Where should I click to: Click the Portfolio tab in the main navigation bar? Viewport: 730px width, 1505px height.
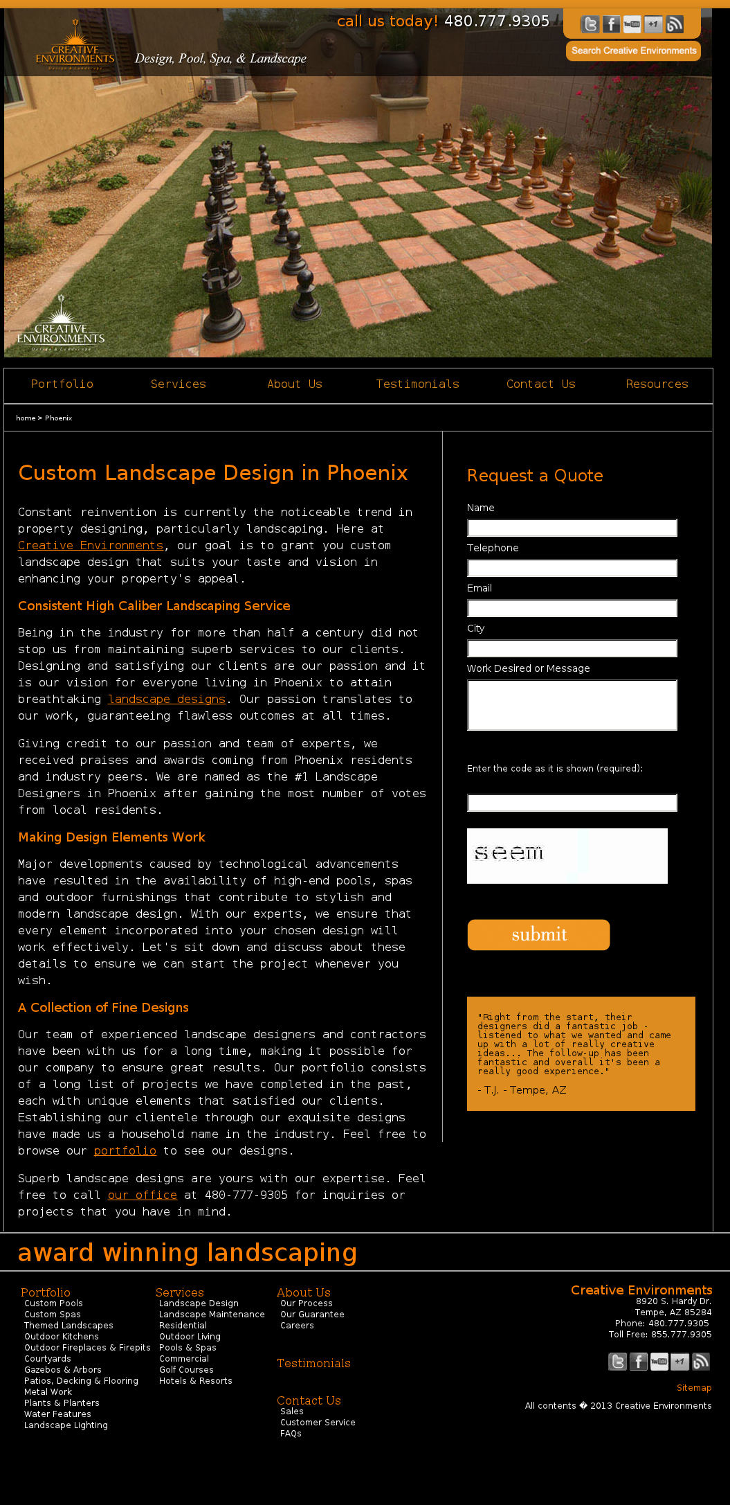click(x=62, y=384)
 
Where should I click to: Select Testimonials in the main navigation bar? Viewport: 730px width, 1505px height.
click(x=417, y=384)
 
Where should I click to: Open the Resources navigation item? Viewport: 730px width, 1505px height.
click(x=657, y=384)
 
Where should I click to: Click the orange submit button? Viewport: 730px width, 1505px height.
click(x=538, y=935)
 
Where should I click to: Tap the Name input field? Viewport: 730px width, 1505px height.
click(x=572, y=528)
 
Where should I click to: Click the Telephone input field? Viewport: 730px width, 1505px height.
click(x=572, y=568)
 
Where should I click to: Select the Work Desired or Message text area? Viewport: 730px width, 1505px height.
click(x=572, y=705)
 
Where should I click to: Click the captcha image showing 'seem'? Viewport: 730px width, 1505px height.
click(x=567, y=855)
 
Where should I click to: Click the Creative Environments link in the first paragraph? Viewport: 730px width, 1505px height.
click(x=91, y=546)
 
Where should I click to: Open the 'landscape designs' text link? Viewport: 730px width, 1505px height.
click(x=167, y=700)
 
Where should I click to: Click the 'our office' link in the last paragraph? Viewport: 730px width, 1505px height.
click(x=143, y=1195)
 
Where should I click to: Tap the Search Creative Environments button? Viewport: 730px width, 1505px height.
click(x=633, y=51)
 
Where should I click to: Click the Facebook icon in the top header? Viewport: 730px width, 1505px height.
click(x=611, y=25)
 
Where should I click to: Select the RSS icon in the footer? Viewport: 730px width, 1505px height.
click(x=701, y=1362)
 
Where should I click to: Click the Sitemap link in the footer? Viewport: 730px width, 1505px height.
click(x=693, y=1388)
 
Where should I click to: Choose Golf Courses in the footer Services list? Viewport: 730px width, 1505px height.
click(x=186, y=1370)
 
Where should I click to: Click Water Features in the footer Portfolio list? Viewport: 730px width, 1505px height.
click(x=57, y=1414)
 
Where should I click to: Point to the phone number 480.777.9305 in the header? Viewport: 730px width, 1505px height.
click(x=497, y=21)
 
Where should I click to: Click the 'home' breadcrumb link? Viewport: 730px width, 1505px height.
click(x=26, y=418)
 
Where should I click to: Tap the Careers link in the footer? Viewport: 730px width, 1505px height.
click(x=297, y=1326)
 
